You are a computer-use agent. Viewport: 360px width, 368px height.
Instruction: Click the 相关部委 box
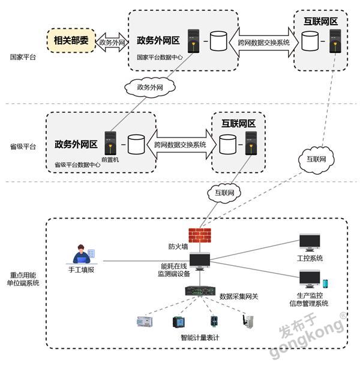[x=71, y=41]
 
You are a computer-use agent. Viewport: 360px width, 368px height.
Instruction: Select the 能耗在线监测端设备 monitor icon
[x=200, y=261]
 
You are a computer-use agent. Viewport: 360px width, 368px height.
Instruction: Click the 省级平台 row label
[x=23, y=146]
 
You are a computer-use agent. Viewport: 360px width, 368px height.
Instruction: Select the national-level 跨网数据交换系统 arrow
[x=263, y=42]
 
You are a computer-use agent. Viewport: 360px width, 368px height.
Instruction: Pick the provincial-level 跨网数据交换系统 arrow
[x=180, y=145]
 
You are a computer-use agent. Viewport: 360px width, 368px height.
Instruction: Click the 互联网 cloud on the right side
[x=316, y=159]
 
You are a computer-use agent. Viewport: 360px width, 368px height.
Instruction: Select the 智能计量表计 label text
[x=199, y=337]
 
